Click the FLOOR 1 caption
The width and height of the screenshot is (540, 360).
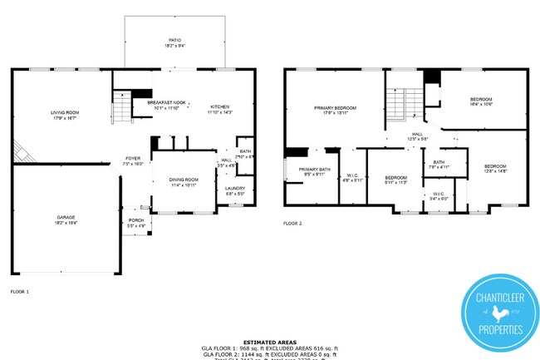(x=19, y=292)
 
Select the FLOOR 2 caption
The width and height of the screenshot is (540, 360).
(x=292, y=224)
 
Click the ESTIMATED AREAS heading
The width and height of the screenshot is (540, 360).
(x=269, y=342)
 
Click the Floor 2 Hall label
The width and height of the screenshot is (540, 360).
(x=418, y=136)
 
